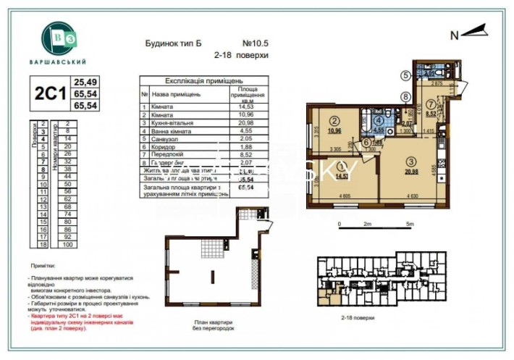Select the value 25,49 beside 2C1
(86, 82)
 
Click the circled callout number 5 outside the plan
(406, 75)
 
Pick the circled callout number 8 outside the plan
(406, 96)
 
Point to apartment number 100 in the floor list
(67, 245)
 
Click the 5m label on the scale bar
(410, 225)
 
